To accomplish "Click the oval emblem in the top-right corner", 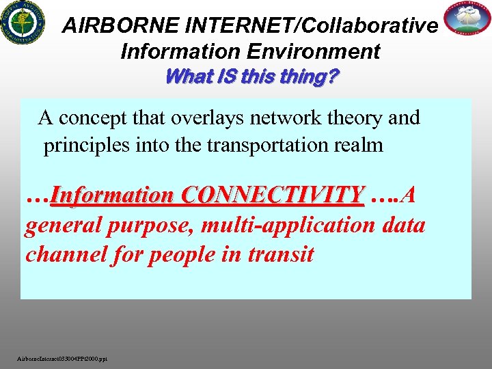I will (x=467, y=20).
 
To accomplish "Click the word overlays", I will (x=204, y=118).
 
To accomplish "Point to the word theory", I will (x=351, y=118).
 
